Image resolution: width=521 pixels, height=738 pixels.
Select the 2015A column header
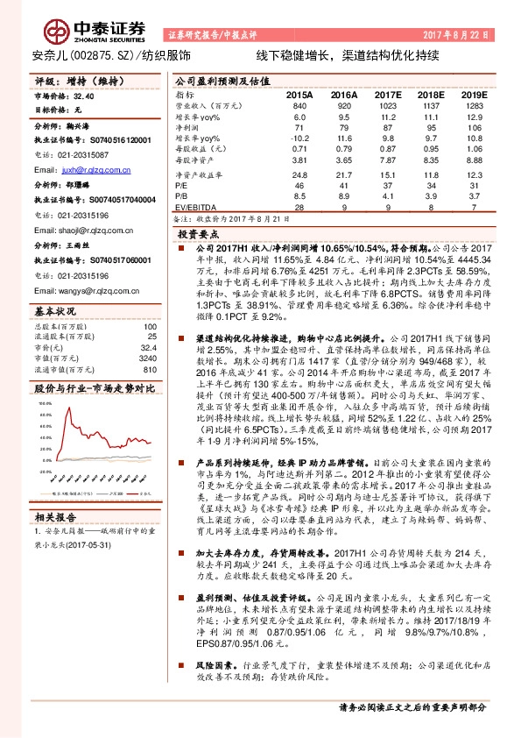click(x=299, y=94)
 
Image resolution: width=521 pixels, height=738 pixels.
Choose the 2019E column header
click(x=474, y=94)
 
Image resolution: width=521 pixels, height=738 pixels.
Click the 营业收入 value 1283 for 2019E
click(x=474, y=105)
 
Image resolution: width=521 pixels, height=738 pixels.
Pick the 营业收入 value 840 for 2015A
click(x=299, y=105)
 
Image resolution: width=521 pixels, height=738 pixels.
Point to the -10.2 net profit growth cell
click(x=299, y=138)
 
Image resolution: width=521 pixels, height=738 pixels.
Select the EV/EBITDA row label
click(x=194, y=209)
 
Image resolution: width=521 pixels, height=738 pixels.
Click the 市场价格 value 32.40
click(x=84, y=95)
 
